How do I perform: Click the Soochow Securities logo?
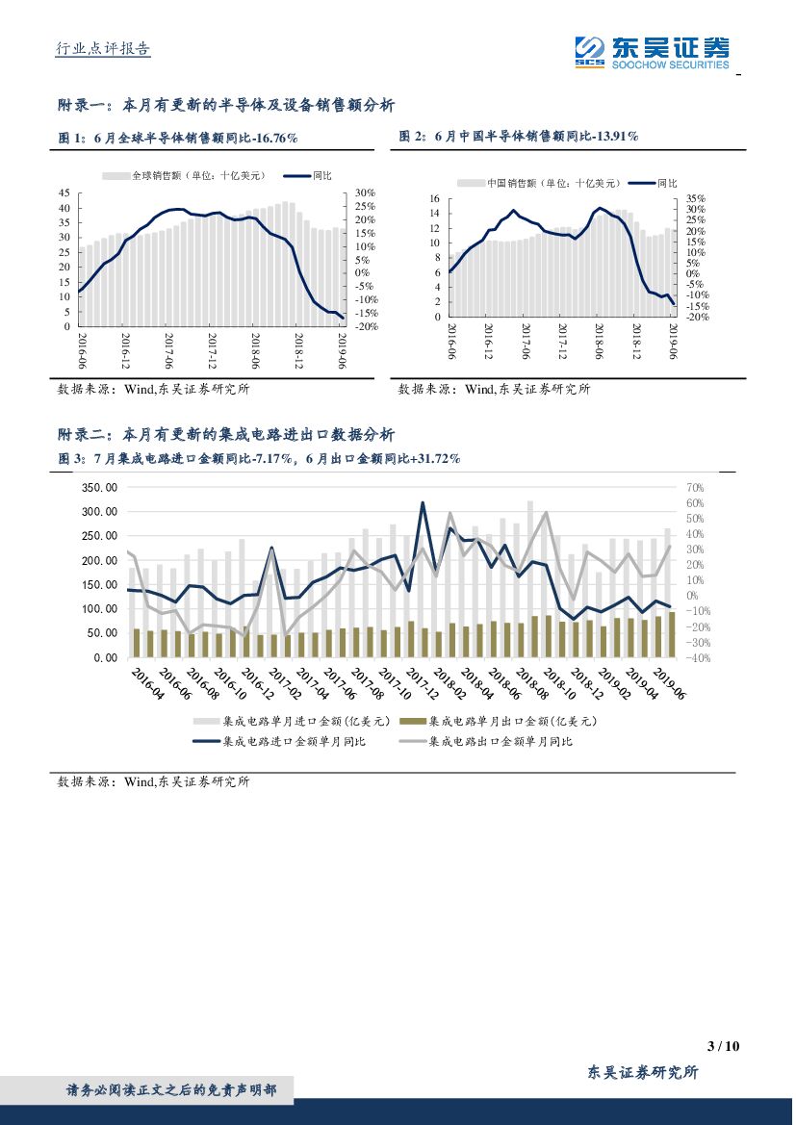651,51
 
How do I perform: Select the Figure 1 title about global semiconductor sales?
178,139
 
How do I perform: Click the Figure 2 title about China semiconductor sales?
519,138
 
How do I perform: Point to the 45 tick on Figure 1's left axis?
64,193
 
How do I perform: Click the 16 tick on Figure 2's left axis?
434,199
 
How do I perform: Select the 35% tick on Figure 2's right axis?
696,199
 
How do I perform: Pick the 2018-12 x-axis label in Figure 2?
636,343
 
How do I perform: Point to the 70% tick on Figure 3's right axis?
696,488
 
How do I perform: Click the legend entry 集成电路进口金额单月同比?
293,742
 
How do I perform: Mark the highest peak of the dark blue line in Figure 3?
423,502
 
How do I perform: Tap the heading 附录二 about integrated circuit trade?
226,435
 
